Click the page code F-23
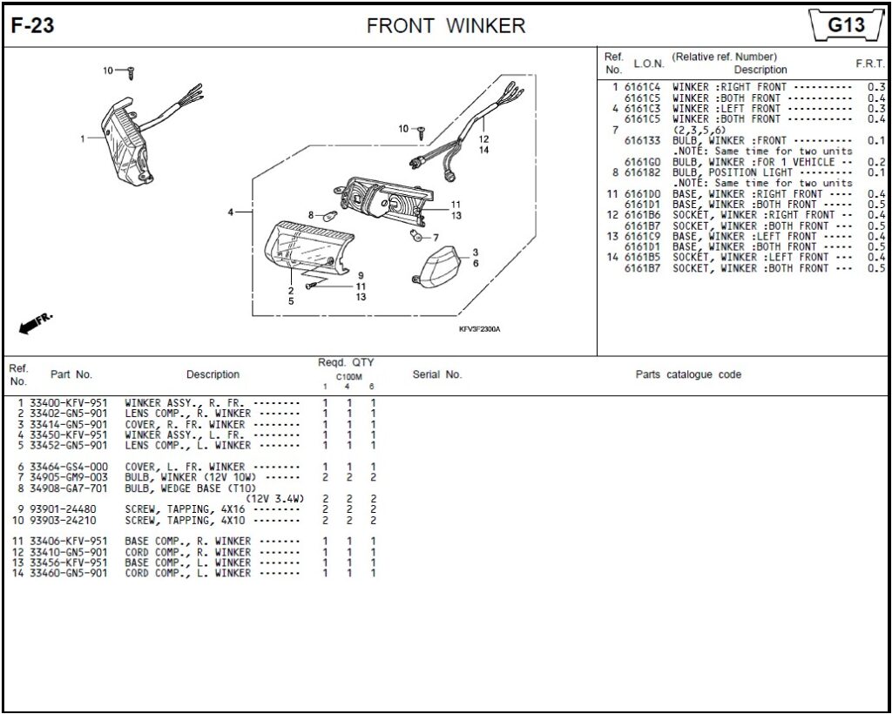pyautogui.click(x=32, y=26)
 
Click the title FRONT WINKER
pyautogui.click(x=446, y=26)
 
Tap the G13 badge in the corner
pyautogui.click(x=845, y=25)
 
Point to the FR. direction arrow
pyautogui.click(x=35, y=323)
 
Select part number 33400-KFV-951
pyautogui.click(x=68, y=403)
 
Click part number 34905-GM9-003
pyautogui.click(x=68, y=477)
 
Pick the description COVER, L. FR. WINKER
pyautogui.click(x=185, y=467)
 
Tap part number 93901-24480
pyautogui.click(x=63, y=509)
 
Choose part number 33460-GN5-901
pyautogui.click(x=68, y=573)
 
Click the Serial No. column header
pyautogui.click(x=436, y=374)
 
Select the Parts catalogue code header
pyautogui.click(x=688, y=374)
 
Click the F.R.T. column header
pyautogui.click(x=870, y=64)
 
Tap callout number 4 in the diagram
pyautogui.click(x=231, y=212)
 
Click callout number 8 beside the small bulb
pyautogui.click(x=310, y=214)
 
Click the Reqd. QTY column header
pyautogui.click(x=346, y=362)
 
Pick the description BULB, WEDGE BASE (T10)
pyautogui.click(x=185, y=488)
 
